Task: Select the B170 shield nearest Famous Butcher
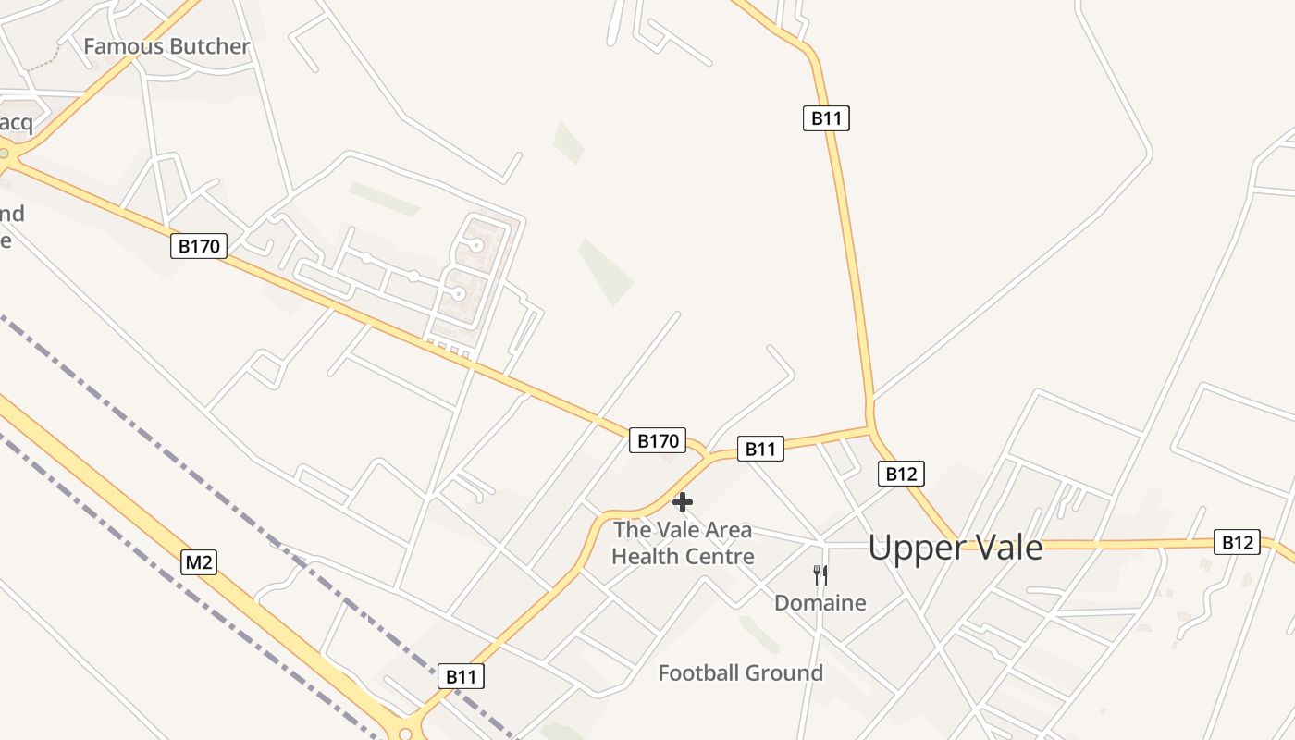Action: point(199,246)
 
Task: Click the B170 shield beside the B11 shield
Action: point(658,440)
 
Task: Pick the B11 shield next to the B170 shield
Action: point(760,449)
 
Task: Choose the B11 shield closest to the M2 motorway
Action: point(461,676)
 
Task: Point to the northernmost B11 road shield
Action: point(825,117)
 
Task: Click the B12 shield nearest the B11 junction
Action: point(900,474)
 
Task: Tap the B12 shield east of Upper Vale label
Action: point(1237,542)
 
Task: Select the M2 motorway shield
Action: point(198,561)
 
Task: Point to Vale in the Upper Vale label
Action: point(1005,548)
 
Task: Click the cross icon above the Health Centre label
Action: point(683,502)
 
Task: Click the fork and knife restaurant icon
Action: point(820,575)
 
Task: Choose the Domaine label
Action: point(820,603)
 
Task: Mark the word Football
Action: point(700,672)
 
